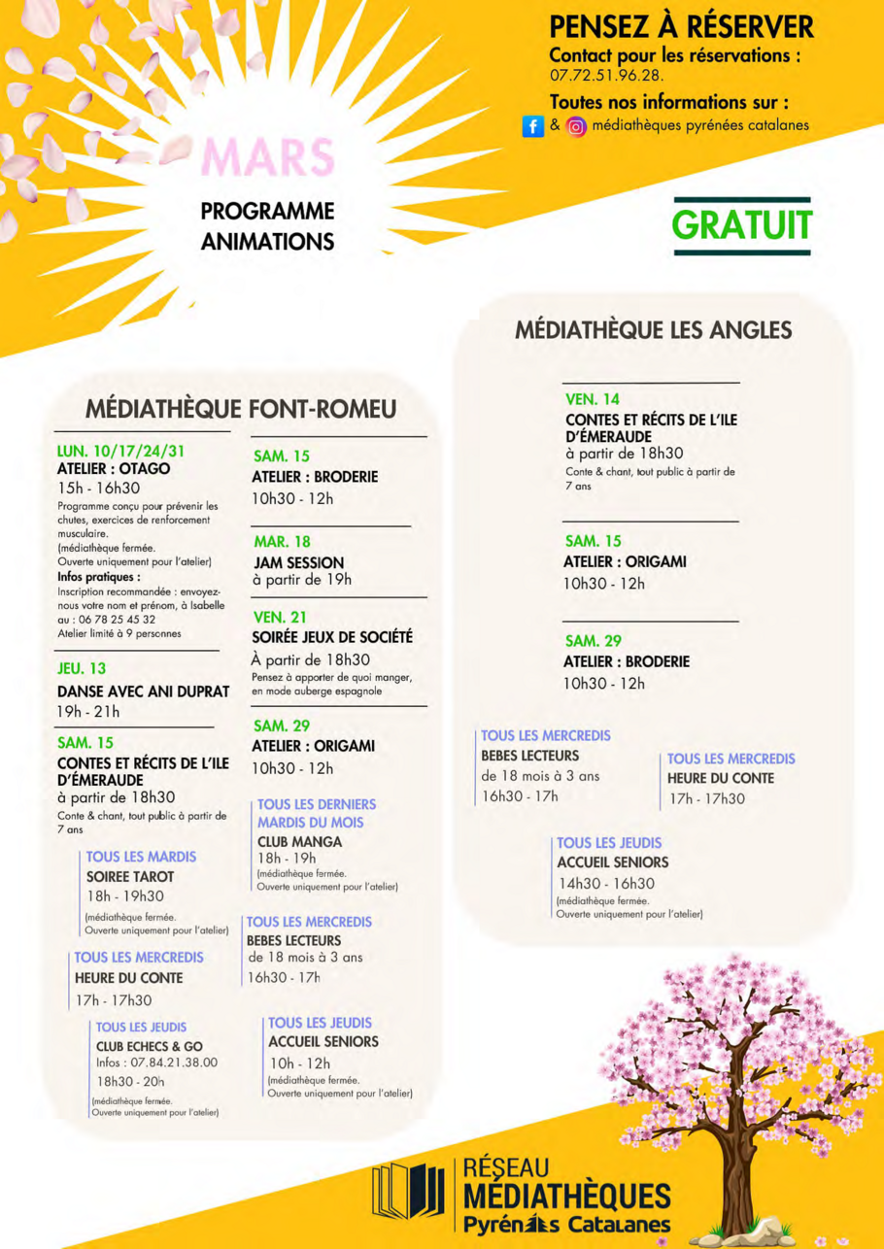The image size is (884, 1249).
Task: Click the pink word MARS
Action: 267,157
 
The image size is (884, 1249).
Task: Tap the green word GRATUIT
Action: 741,224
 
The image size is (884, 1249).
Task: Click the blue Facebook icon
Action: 532,126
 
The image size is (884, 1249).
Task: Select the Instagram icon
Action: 576,126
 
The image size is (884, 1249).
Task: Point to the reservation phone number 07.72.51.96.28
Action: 607,74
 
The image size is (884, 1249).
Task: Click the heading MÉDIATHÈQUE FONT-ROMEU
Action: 240,409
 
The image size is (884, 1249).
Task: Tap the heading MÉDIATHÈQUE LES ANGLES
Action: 653,330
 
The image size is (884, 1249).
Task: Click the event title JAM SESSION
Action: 297,561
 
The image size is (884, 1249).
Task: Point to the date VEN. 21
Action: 280,617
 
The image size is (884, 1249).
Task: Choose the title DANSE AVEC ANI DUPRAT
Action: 144,691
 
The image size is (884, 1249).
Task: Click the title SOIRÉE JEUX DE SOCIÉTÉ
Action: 332,637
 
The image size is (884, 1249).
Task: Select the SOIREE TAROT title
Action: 130,876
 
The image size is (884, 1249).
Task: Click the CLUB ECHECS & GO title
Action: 149,1046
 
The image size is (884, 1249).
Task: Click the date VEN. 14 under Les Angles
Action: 592,399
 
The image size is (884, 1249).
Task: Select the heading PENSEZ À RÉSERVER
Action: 681,27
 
